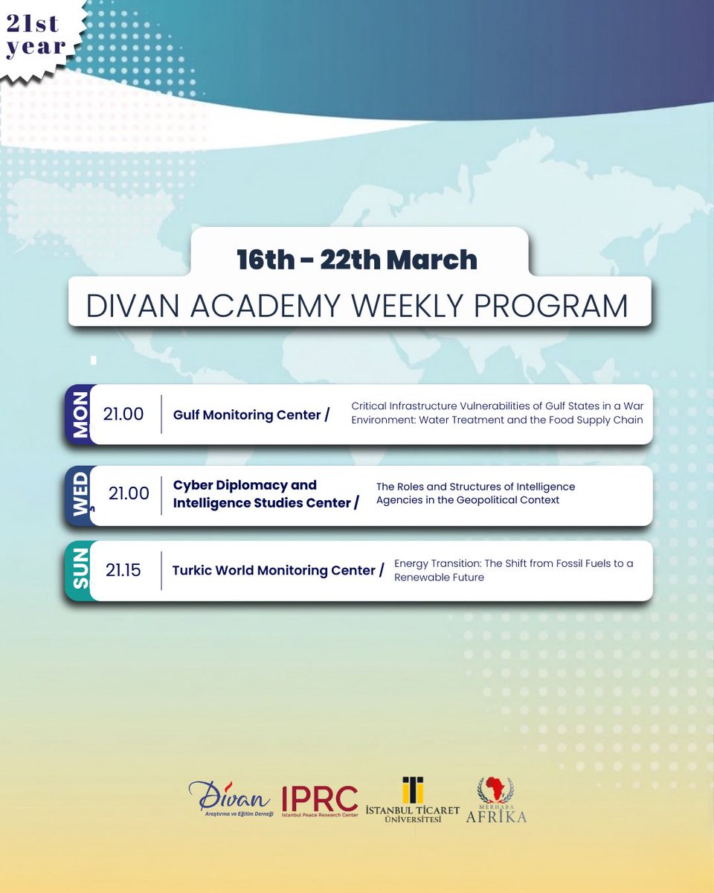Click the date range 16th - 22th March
[x=357, y=259]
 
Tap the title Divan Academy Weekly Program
[x=357, y=307]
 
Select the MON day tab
[x=80, y=415]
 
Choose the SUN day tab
[x=80, y=571]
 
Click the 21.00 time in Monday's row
[x=123, y=415]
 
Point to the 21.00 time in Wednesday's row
[x=129, y=493]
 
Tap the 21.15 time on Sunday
[x=123, y=571]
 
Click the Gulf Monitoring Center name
[x=248, y=415]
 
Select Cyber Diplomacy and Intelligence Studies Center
[x=262, y=494]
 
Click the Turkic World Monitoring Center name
[x=274, y=571]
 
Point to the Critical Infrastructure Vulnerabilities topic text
[x=497, y=413]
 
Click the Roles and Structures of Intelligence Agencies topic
[x=475, y=493]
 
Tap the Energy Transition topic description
[x=513, y=570]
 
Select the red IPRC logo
[x=320, y=801]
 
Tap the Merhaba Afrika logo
[x=495, y=801]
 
